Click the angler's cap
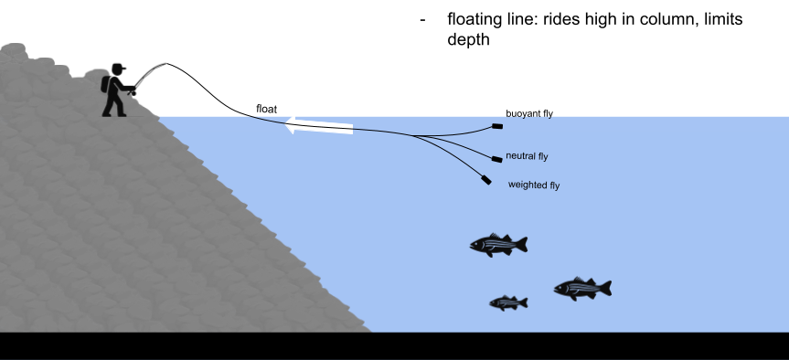tap(119, 68)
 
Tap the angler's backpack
tap(106, 84)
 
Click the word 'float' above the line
tap(266, 109)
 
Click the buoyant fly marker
tap(497, 126)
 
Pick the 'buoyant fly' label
tap(529, 114)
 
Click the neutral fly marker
tap(497, 159)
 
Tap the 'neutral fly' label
tap(527, 156)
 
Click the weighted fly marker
tap(485, 181)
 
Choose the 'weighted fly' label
tap(533, 185)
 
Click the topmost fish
tap(496, 244)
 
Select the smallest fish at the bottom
tap(507, 302)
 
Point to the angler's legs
tap(114, 105)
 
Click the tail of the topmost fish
tap(521, 244)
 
